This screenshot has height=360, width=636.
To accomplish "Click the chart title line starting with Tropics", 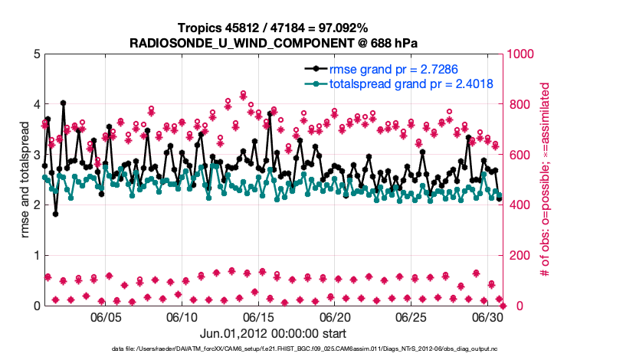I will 273,28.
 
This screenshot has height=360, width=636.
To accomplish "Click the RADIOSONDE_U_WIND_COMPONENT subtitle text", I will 273,43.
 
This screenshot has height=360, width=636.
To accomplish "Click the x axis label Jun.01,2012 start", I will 273,333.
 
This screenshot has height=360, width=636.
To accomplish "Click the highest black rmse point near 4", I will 63,103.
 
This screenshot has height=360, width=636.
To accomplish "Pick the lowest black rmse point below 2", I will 55,214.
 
